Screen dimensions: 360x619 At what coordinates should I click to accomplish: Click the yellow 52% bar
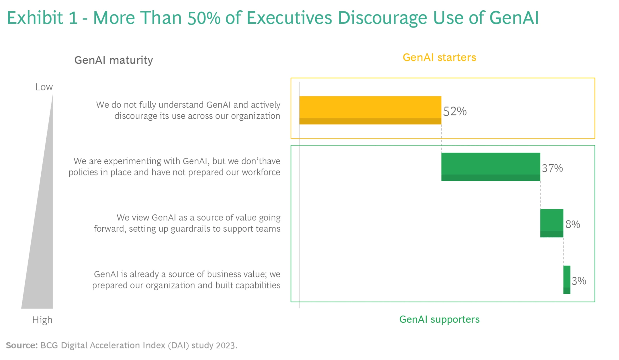pyautogui.click(x=370, y=110)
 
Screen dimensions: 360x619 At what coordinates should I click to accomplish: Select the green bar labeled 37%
pyautogui.click(x=491, y=167)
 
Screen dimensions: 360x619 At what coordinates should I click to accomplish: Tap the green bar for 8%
pyautogui.click(x=552, y=223)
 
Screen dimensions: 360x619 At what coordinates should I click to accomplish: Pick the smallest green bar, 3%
pyautogui.click(x=567, y=280)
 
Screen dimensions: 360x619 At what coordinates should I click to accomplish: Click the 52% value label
pyautogui.click(x=455, y=111)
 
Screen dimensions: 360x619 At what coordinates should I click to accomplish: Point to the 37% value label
pyautogui.click(x=552, y=168)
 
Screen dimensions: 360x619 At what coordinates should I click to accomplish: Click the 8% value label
pyautogui.click(x=573, y=224)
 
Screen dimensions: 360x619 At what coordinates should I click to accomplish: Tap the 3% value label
pyautogui.click(x=579, y=281)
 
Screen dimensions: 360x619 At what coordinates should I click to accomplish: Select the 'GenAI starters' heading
pyautogui.click(x=439, y=58)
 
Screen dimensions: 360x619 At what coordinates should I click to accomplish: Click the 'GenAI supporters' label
pyautogui.click(x=439, y=319)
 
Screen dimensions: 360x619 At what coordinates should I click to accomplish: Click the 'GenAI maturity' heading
pyautogui.click(x=113, y=60)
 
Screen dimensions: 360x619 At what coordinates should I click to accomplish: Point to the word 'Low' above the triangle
pyautogui.click(x=44, y=87)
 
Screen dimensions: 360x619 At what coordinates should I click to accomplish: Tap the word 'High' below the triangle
pyautogui.click(x=42, y=320)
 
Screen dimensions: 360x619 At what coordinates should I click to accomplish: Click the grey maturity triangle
pyautogui.click(x=43, y=244)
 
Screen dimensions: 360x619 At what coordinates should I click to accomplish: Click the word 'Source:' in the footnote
pyautogui.click(x=22, y=345)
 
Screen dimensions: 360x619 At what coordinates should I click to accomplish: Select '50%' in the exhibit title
pyautogui.click(x=204, y=18)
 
